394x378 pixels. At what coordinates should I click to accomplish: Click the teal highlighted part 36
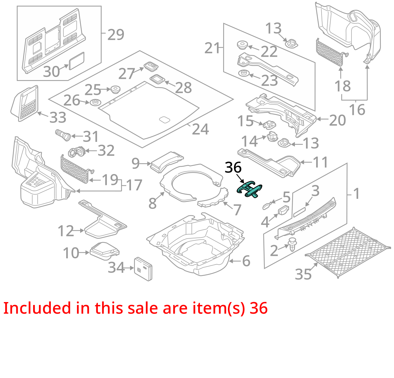click(x=249, y=189)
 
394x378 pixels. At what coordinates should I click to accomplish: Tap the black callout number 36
click(x=233, y=168)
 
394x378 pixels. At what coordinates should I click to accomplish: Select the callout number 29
click(x=116, y=35)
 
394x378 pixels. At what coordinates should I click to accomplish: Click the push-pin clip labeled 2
click(x=292, y=244)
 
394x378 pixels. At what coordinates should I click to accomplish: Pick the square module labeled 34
click(x=143, y=269)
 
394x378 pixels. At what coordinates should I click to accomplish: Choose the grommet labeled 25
click(x=116, y=89)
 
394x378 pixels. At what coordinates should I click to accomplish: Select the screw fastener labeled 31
click(x=63, y=135)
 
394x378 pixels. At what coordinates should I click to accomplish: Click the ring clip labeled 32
click(x=77, y=152)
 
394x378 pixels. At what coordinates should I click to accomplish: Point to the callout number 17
click(x=134, y=185)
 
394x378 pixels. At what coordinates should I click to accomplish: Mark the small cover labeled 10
click(x=105, y=251)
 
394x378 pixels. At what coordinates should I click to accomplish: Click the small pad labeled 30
click(x=77, y=61)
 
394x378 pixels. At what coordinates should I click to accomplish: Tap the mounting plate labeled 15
click(x=269, y=124)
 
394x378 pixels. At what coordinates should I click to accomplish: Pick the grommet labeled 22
click(x=242, y=45)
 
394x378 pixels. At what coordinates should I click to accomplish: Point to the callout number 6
click(x=246, y=261)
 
